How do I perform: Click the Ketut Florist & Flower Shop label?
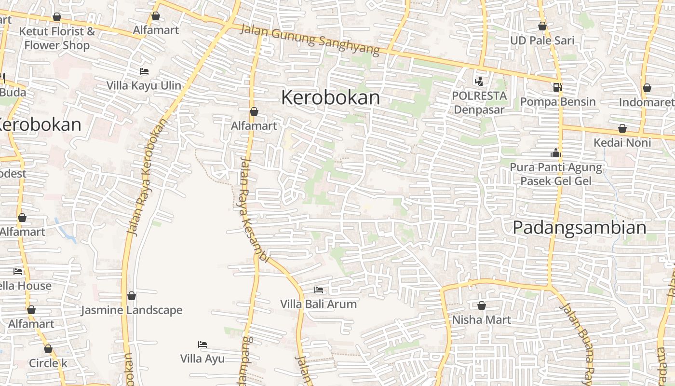[x=57, y=39]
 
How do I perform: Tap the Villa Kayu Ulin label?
[x=144, y=85]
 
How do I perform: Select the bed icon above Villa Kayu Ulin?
[x=144, y=71]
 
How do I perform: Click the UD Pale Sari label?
[x=542, y=40]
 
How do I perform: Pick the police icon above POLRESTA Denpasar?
[x=479, y=81]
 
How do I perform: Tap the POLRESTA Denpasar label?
[x=479, y=102]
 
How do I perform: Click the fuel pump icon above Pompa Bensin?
[x=557, y=87]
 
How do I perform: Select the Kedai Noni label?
[x=622, y=142]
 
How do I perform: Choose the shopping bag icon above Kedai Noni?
[x=622, y=128]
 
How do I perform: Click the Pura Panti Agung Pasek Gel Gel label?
[x=556, y=174]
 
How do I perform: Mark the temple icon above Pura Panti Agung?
[x=556, y=154]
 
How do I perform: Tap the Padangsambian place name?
[x=579, y=227]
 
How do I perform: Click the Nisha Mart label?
[x=481, y=319]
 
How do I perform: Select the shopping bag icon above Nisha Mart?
[x=481, y=305]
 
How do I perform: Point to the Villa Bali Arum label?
[x=319, y=304]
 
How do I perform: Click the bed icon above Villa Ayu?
[x=202, y=345]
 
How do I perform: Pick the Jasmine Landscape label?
[x=131, y=310]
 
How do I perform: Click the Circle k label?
[x=48, y=363]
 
